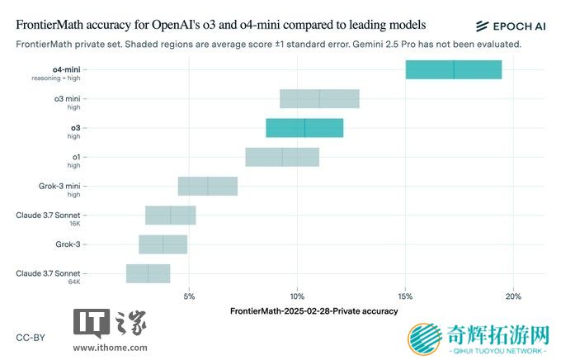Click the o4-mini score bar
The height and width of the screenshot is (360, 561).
453,69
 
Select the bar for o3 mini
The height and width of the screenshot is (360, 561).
319,99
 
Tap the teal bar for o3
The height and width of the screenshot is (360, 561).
304,128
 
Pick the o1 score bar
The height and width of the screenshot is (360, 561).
282,157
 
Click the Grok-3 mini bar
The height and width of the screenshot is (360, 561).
208,186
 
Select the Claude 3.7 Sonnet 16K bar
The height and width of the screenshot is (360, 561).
171,215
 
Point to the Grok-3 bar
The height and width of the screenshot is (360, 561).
163,244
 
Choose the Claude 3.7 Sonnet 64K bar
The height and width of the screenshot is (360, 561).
148,273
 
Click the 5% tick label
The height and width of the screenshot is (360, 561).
190,296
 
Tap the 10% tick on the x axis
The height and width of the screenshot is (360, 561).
297,296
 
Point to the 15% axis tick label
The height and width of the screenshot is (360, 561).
405,296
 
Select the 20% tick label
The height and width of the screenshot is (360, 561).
512,296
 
